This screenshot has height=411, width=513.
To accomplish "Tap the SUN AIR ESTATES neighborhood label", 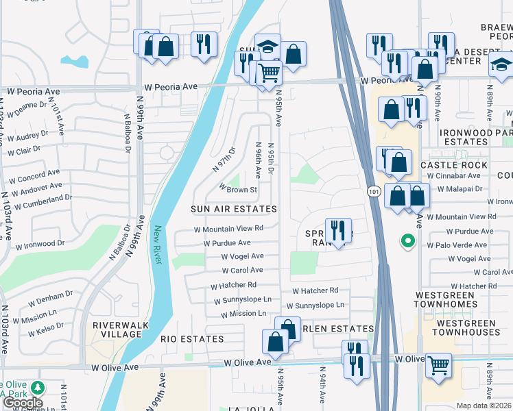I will click(x=234, y=209).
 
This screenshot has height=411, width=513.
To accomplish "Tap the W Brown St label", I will click(x=237, y=189).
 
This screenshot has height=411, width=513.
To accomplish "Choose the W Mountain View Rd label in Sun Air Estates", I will click(x=229, y=229).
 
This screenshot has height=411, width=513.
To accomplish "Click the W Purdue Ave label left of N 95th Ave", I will click(x=227, y=243).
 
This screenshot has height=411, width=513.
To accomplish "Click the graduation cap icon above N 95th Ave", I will click(x=267, y=46).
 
